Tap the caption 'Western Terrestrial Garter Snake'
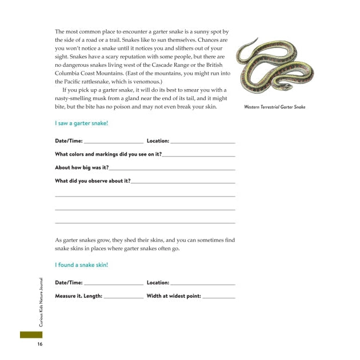pyautogui.click(x=274, y=107)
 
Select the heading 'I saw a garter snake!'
pyautogui.click(x=81, y=123)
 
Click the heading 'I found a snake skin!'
pyautogui.click(x=81, y=265)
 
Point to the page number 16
pyautogui.click(x=40, y=344)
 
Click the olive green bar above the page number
pyautogui.click(x=31, y=334)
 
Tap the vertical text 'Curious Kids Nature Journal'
pyautogui.click(x=41, y=302)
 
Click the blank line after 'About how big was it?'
pyautogui.click(x=171, y=169)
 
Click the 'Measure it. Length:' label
pyautogui.click(x=78, y=297)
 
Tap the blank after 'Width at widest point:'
pyautogui.click(x=218, y=297)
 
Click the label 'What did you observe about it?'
pyautogui.click(x=93, y=181)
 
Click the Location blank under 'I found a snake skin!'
pyautogui.click(x=202, y=283)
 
